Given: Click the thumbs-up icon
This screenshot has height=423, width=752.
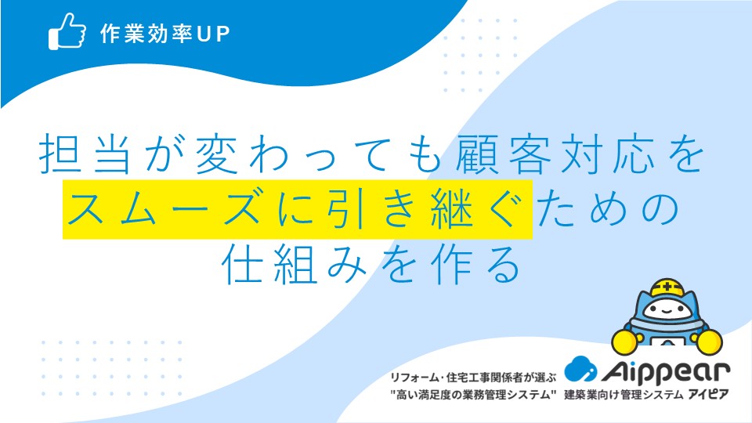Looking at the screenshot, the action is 67,31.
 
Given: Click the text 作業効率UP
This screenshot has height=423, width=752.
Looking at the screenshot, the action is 165,34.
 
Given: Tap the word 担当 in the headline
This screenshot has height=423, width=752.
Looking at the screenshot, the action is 85,154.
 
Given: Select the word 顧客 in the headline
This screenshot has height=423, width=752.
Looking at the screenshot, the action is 503,154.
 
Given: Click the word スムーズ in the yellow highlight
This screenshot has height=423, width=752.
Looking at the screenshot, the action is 164,208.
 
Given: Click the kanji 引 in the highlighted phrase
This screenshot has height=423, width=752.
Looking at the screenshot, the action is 348,208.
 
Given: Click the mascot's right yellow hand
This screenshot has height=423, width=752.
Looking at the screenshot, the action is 709,342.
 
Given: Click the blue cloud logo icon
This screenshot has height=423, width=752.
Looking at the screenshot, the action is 580,369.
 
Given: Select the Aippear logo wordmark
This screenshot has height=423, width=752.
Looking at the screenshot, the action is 666,372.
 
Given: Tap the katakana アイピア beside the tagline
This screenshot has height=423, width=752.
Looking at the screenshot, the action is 708,395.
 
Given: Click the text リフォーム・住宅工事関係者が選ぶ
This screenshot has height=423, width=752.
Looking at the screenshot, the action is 473,378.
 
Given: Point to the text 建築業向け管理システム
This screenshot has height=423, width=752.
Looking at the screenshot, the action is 624,395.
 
